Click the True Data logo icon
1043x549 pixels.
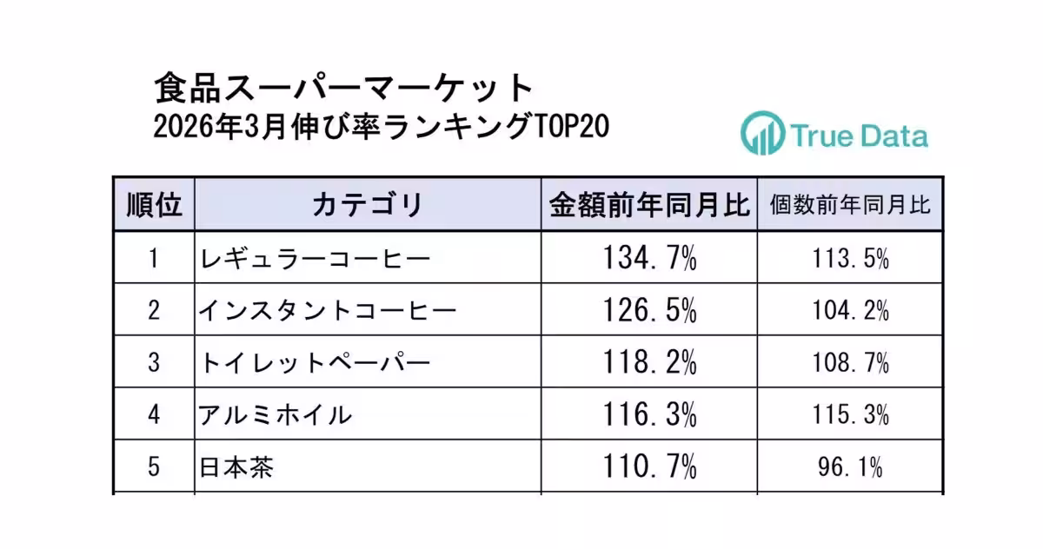[x=762, y=134]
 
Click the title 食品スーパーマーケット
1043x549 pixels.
[x=343, y=88]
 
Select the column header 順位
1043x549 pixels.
[x=154, y=206]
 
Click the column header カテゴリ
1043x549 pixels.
[x=367, y=206]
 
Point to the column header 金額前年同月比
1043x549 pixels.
[x=648, y=206]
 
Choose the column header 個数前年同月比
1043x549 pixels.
[x=850, y=206]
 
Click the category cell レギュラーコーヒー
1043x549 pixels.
[x=315, y=258]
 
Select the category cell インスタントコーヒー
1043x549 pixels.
[x=328, y=310]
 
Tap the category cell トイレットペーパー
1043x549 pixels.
[x=315, y=362]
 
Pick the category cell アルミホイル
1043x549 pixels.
[x=276, y=415]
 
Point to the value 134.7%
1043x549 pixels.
[x=649, y=258]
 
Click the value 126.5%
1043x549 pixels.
[x=649, y=310]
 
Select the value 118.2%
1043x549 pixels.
[x=649, y=362]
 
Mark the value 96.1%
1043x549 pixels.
[x=850, y=468]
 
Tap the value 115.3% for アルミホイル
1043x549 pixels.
[x=850, y=415]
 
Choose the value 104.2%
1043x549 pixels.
[x=850, y=310]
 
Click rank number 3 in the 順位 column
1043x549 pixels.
[x=154, y=362]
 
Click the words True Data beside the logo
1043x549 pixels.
[x=859, y=136]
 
